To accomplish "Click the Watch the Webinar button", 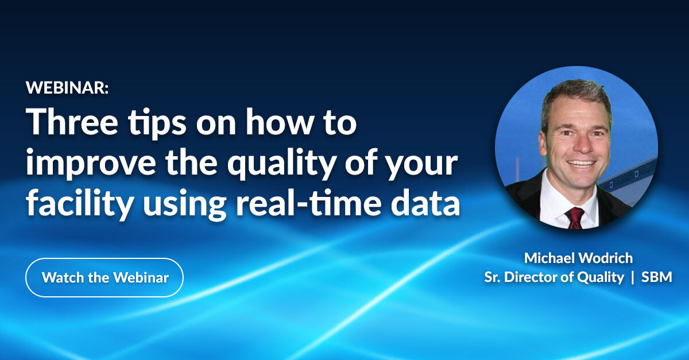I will (104, 278).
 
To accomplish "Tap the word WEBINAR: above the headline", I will (67, 88).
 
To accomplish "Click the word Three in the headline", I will (69, 122).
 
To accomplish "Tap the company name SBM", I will (658, 277).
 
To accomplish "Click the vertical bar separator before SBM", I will (633, 277).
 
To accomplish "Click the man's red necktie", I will (574, 218).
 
